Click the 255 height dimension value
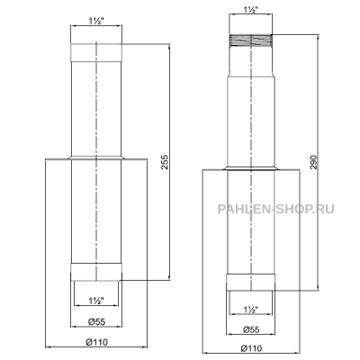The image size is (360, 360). [x=165, y=162]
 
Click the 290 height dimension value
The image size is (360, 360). [x=313, y=162]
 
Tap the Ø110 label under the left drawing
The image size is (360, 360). [x=96, y=342]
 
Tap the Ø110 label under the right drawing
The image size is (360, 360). [x=251, y=348]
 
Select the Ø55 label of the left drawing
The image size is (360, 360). [x=96, y=322]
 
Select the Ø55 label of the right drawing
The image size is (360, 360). [x=251, y=329]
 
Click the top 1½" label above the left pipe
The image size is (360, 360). [x=96, y=21]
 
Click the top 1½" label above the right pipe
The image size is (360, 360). [x=251, y=9]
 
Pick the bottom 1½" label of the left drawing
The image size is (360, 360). [x=96, y=301]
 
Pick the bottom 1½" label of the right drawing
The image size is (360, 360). [x=251, y=310]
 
